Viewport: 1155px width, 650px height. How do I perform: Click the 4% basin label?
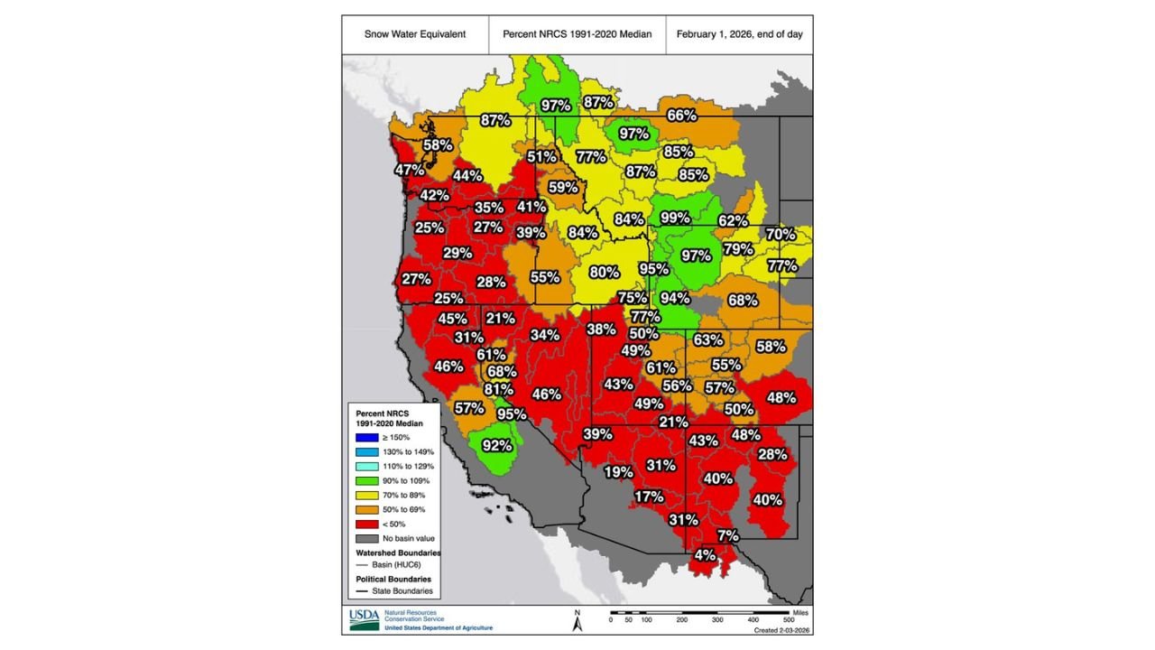click(705, 554)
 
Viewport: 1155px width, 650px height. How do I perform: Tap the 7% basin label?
click(728, 535)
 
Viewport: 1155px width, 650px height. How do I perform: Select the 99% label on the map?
click(675, 218)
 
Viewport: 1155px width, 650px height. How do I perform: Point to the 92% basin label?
click(497, 445)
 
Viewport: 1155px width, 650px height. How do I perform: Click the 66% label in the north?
click(681, 115)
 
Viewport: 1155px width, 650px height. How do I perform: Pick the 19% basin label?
click(618, 472)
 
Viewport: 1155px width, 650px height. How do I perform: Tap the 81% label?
click(499, 389)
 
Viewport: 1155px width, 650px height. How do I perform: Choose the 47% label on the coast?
click(410, 169)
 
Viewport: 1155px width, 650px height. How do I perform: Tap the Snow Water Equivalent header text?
click(415, 34)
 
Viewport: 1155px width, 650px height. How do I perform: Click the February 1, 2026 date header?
click(739, 34)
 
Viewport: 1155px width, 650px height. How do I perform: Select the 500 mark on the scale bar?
click(788, 619)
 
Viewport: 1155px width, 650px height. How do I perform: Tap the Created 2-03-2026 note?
click(781, 629)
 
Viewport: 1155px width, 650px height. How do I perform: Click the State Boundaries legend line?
click(364, 591)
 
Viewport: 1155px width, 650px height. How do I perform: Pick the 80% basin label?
click(605, 271)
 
